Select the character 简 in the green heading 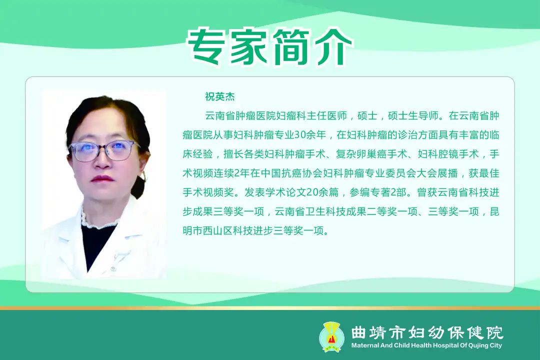pos(290,47)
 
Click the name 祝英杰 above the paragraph pos(219,96)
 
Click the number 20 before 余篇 pos(312,192)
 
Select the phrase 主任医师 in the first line pos(326,116)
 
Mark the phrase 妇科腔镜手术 pos(448,154)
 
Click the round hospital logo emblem pos(331,336)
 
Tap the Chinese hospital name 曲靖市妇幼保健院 pos(427,332)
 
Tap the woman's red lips pos(102,179)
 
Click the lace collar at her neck pos(97,219)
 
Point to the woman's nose pos(101,160)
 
